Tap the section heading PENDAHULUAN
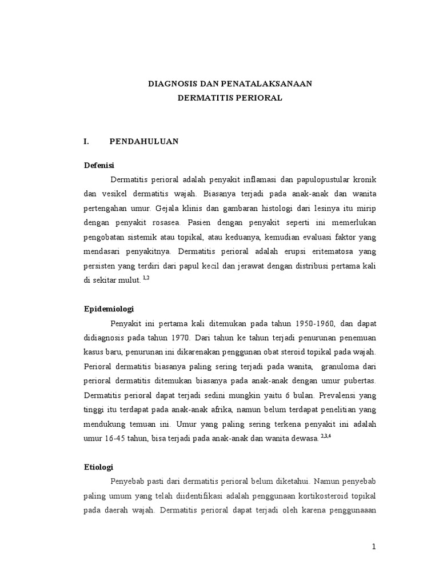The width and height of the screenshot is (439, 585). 144,141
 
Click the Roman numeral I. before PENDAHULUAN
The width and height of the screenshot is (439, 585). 87,141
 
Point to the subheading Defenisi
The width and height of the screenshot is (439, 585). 99,165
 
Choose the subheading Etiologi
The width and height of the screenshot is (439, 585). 98,467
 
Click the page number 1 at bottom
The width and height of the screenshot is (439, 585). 374,547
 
